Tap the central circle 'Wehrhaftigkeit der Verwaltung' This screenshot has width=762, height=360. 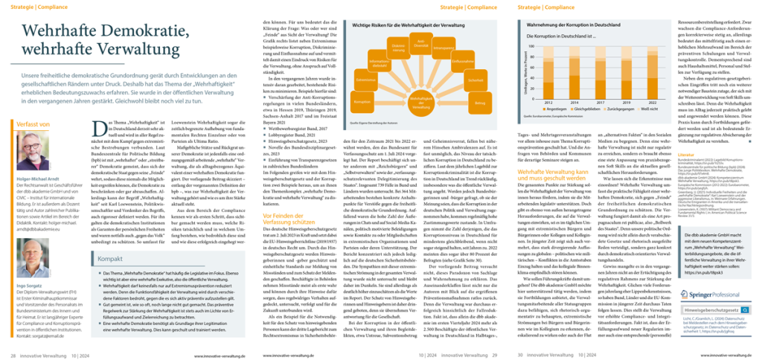(x=412, y=83)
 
